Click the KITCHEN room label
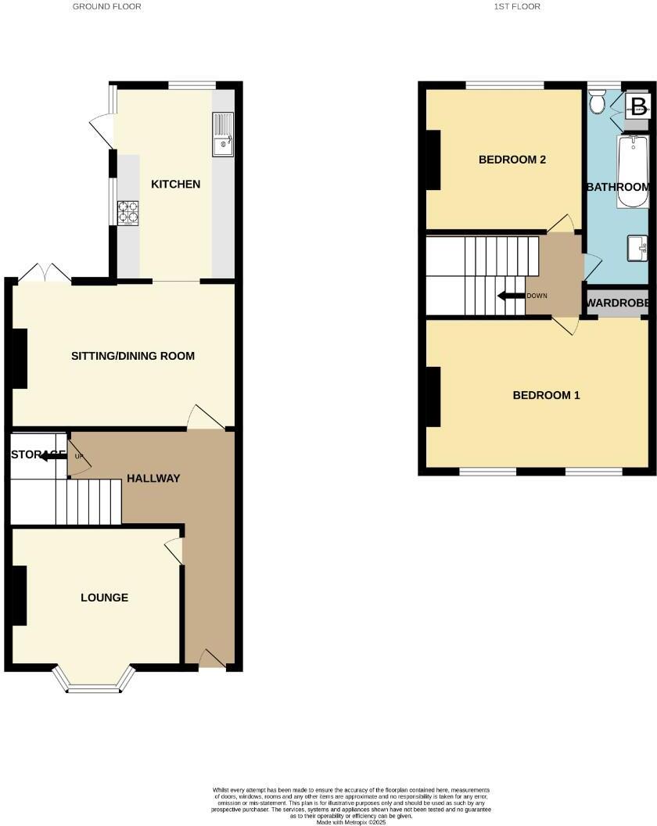[x=175, y=185]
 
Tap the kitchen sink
[x=223, y=135]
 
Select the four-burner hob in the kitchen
[x=128, y=213]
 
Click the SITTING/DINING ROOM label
[x=133, y=356]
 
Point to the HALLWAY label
[x=153, y=479]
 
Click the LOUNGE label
[x=104, y=598]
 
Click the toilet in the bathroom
[x=598, y=101]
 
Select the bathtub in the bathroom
[x=633, y=172]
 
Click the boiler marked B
[x=638, y=106]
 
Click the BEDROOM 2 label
[x=512, y=160]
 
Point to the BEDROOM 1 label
[x=546, y=395]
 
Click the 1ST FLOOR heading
[x=517, y=6]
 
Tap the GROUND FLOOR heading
[x=107, y=6]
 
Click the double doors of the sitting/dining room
[x=44, y=275]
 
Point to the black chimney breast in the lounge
[x=19, y=595]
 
